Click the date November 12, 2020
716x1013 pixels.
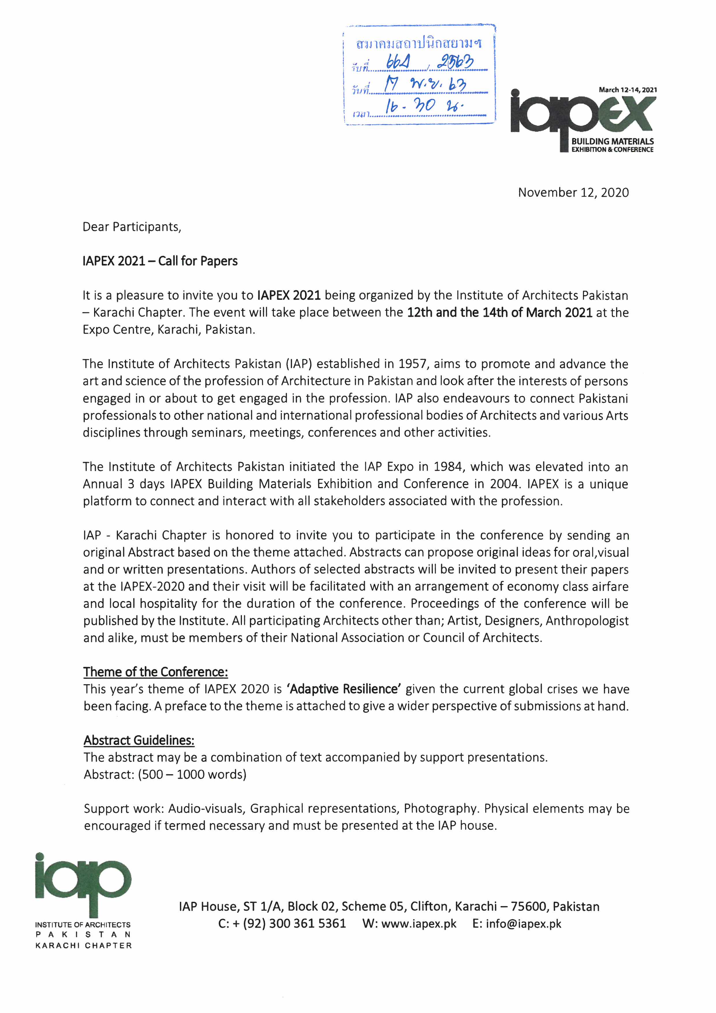click(x=573, y=192)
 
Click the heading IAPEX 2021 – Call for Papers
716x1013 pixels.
click(x=160, y=261)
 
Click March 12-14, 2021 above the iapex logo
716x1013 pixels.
click(x=627, y=90)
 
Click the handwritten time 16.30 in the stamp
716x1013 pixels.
click(x=410, y=106)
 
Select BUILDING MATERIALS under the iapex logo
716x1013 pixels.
click(x=612, y=141)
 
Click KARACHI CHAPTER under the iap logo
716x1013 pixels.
click(x=83, y=945)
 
